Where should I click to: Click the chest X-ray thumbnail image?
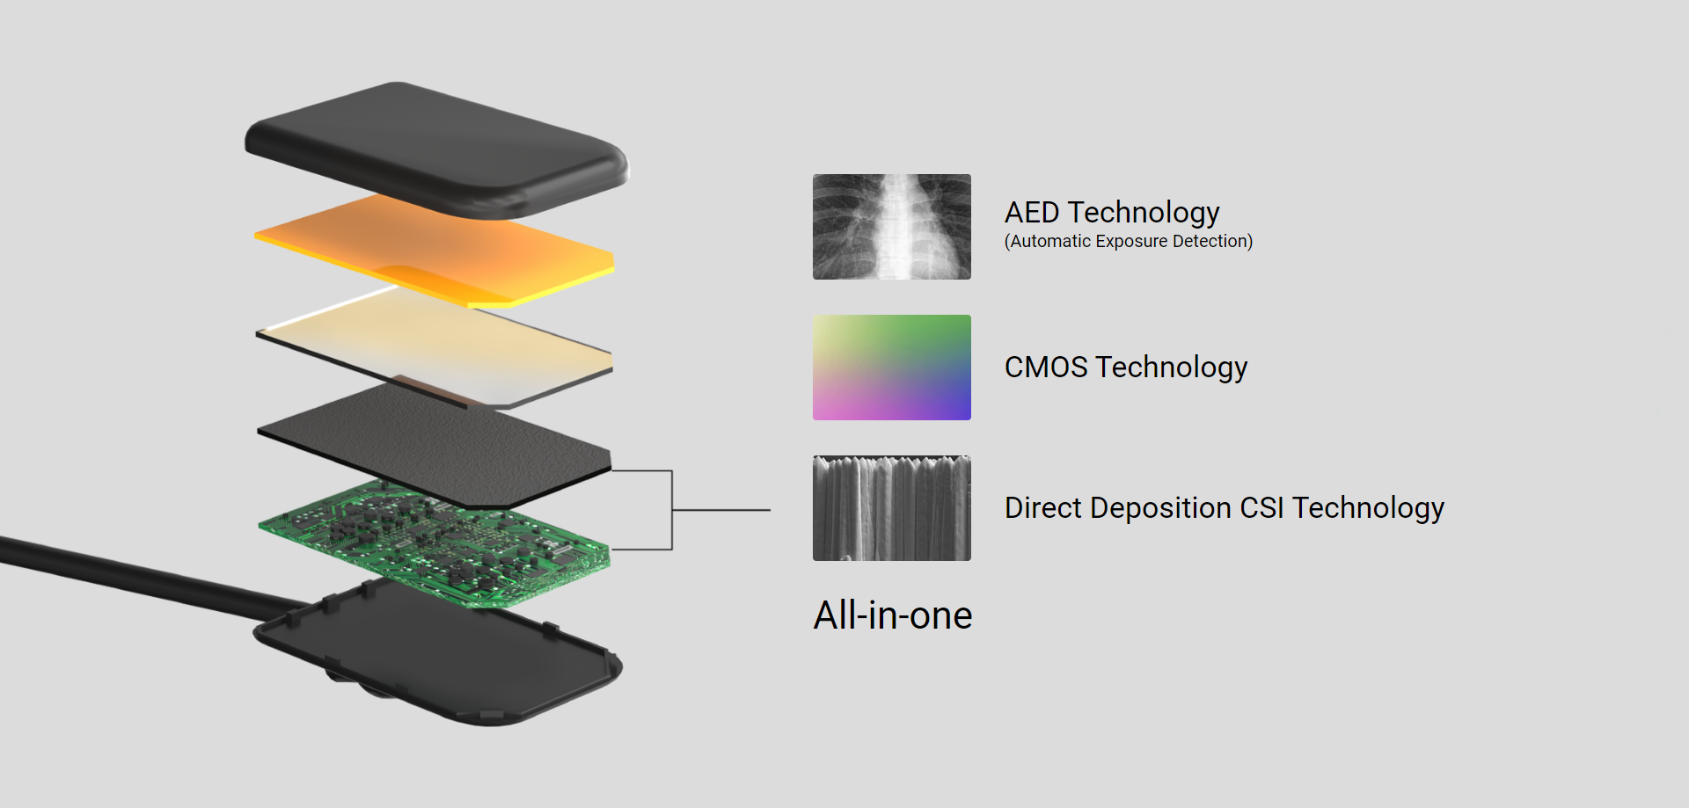click(891, 227)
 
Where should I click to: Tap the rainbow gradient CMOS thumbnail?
click(891, 368)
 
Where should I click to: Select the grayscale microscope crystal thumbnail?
click(891, 508)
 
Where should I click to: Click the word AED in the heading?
click(1032, 213)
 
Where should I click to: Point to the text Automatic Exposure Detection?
click(1129, 241)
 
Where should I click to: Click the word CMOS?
click(1046, 367)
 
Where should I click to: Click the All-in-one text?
click(893, 615)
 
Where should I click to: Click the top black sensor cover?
click(437, 149)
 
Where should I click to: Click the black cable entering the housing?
click(150, 576)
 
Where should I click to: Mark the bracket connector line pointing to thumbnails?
click(672, 510)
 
